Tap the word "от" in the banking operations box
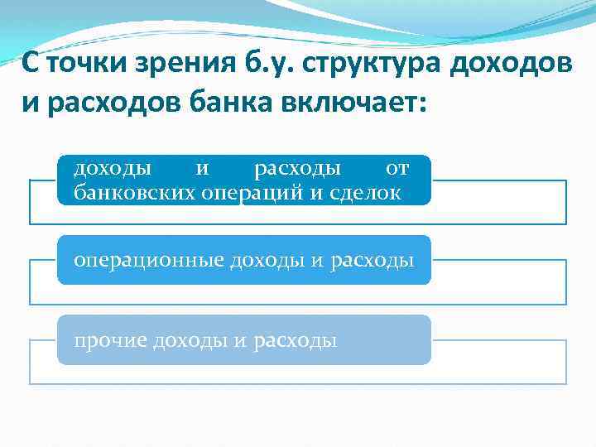click(397, 169)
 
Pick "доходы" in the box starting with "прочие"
click(180, 340)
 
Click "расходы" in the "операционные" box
click(372, 260)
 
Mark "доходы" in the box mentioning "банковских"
click(113, 169)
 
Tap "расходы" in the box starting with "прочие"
click(296, 340)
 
